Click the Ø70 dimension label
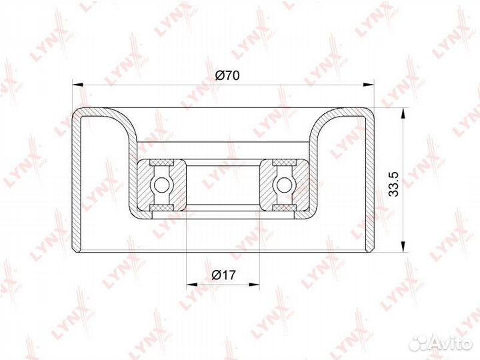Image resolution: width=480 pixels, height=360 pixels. click(x=227, y=75)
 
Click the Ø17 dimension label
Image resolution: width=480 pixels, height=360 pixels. click(x=224, y=275)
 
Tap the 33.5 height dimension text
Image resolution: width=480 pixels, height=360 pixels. click(x=393, y=184)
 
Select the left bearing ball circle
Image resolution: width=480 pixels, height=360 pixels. click(x=161, y=185)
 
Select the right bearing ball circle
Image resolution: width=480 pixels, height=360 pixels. click(x=284, y=185)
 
